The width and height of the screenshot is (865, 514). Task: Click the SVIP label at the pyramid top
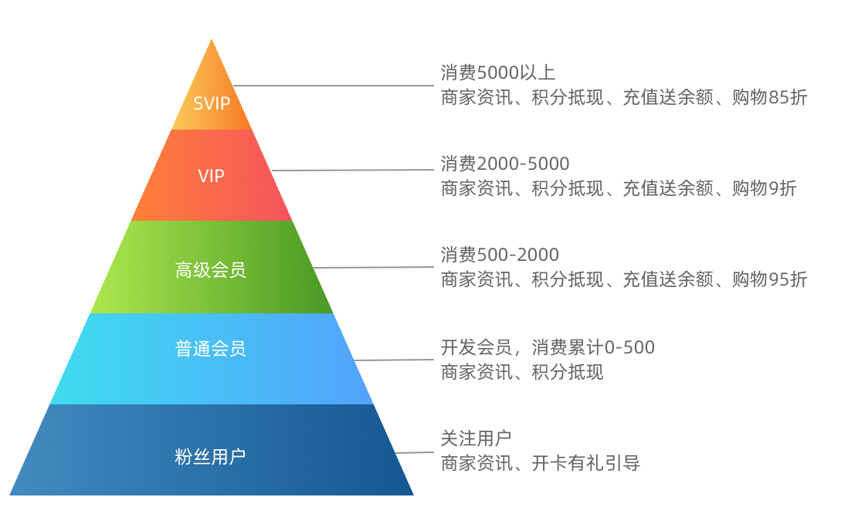pyautogui.click(x=212, y=103)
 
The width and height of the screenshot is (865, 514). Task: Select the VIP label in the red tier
pyautogui.click(x=211, y=176)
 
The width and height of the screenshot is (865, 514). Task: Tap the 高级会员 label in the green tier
pyautogui.click(x=211, y=270)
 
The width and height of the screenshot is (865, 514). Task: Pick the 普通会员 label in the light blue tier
pyautogui.click(x=211, y=349)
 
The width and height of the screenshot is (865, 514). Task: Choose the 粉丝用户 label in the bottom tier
pyautogui.click(x=211, y=456)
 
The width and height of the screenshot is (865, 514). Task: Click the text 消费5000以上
pyautogui.click(x=498, y=73)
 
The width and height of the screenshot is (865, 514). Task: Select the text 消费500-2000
pyautogui.click(x=500, y=255)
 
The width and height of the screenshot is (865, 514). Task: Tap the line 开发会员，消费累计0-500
pyautogui.click(x=548, y=347)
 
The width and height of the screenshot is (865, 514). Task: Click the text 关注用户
pyautogui.click(x=476, y=438)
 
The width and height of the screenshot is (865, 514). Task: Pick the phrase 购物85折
pyautogui.click(x=769, y=98)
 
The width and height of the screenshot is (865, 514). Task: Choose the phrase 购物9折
pyautogui.click(x=764, y=188)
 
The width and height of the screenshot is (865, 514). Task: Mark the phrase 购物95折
pyautogui.click(x=769, y=279)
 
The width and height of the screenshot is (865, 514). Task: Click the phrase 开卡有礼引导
pyautogui.click(x=586, y=463)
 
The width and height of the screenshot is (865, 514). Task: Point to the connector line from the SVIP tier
pyautogui.click(x=332, y=86)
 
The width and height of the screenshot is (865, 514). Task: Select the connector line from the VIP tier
pyautogui.click(x=352, y=171)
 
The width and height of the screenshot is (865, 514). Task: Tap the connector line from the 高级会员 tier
pyautogui.click(x=374, y=268)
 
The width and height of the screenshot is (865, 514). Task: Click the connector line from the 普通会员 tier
pyautogui.click(x=394, y=360)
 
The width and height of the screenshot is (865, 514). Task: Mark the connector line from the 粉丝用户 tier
pyautogui.click(x=415, y=452)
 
